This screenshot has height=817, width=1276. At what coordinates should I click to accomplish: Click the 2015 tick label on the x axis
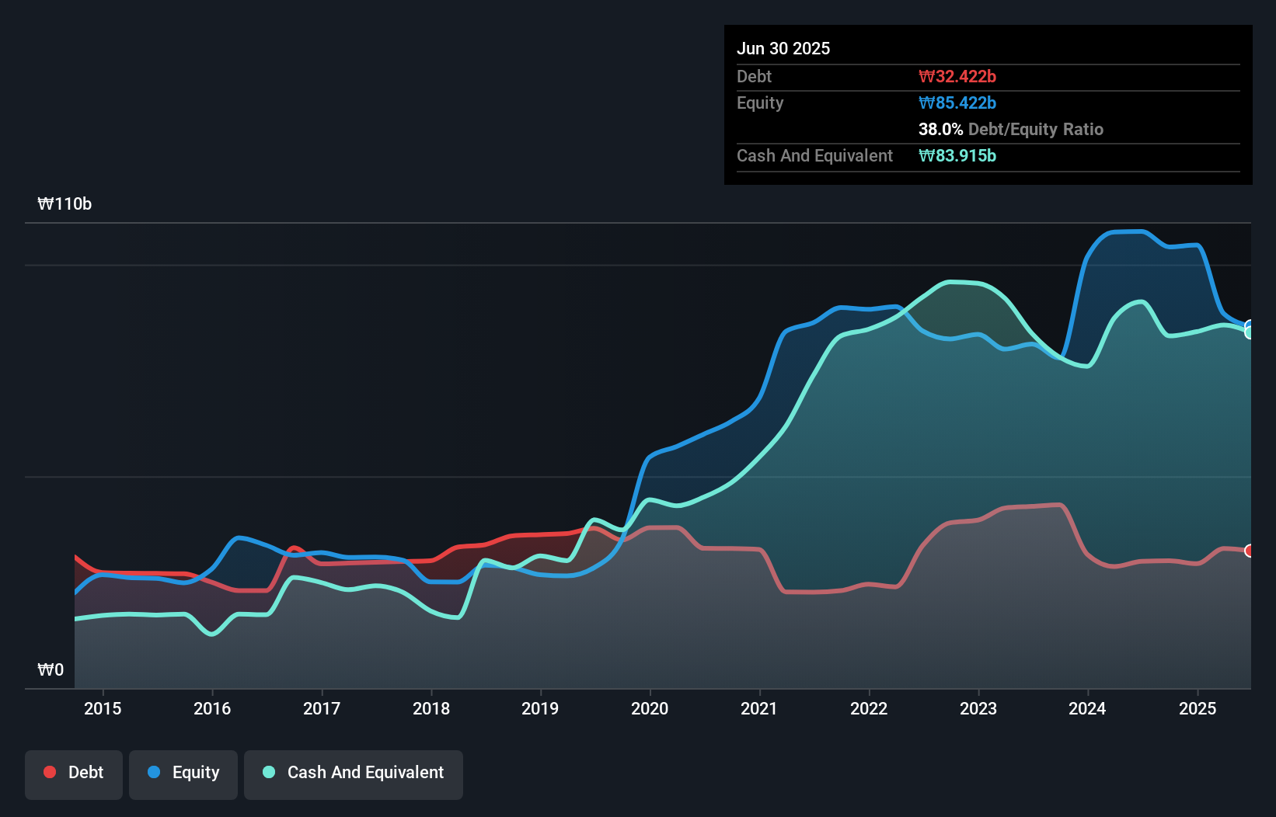pyautogui.click(x=103, y=708)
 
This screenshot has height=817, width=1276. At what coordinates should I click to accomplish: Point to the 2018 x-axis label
pyautogui.click(x=431, y=708)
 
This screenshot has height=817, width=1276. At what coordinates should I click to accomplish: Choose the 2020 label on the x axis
pyautogui.click(x=650, y=708)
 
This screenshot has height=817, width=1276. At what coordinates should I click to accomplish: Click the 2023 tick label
pyautogui.click(x=978, y=708)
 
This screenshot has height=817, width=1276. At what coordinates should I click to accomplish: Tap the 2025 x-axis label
pyautogui.click(x=1197, y=708)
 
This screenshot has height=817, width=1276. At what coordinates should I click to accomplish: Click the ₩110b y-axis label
pyautogui.click(x=64, y=204)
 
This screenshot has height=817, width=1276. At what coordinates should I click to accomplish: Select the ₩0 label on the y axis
pyautogui.click(x=51, y=669)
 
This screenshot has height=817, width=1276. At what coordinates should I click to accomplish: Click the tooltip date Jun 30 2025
pyautogui.click(x=783, y=48)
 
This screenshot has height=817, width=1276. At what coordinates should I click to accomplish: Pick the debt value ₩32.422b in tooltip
pyautogui.click(x=957, y=76)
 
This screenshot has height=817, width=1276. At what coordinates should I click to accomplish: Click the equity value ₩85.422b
pyautogui.click(x=957, y=103)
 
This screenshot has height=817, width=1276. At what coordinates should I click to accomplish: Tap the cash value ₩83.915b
pyautogui.click(x=957, y=155)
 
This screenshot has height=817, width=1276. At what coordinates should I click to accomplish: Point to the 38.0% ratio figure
pyautogui.click(x=940, y=129)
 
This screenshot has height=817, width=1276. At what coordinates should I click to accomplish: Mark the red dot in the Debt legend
pyautogui.click(x=50, y=772)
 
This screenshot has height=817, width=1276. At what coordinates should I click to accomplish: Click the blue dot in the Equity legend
pyautogui.click(x=154, y=772)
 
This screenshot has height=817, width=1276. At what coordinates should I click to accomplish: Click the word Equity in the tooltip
pyautogui.click(x=760, y=103)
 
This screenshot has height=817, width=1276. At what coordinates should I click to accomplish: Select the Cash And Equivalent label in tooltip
pyautogui.click(x=814, y=155)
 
